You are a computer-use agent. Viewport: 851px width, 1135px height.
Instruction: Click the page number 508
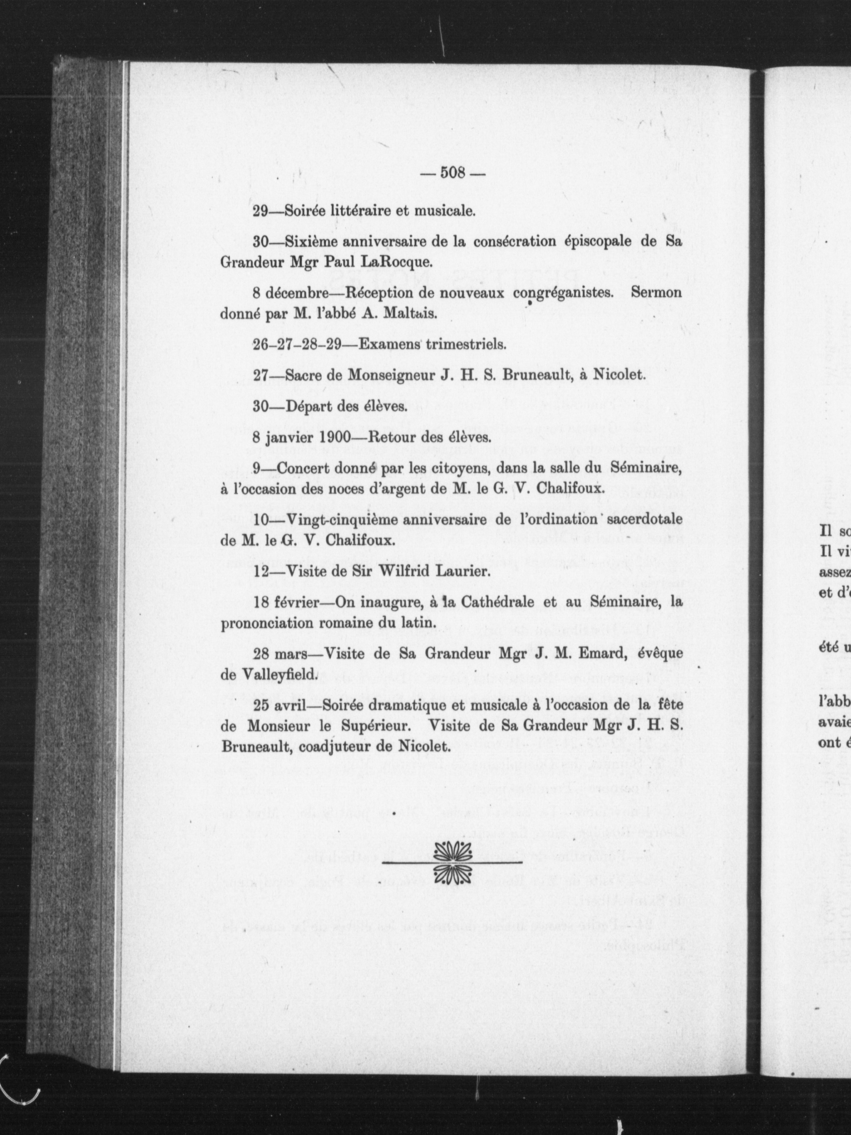pos(452,173)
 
